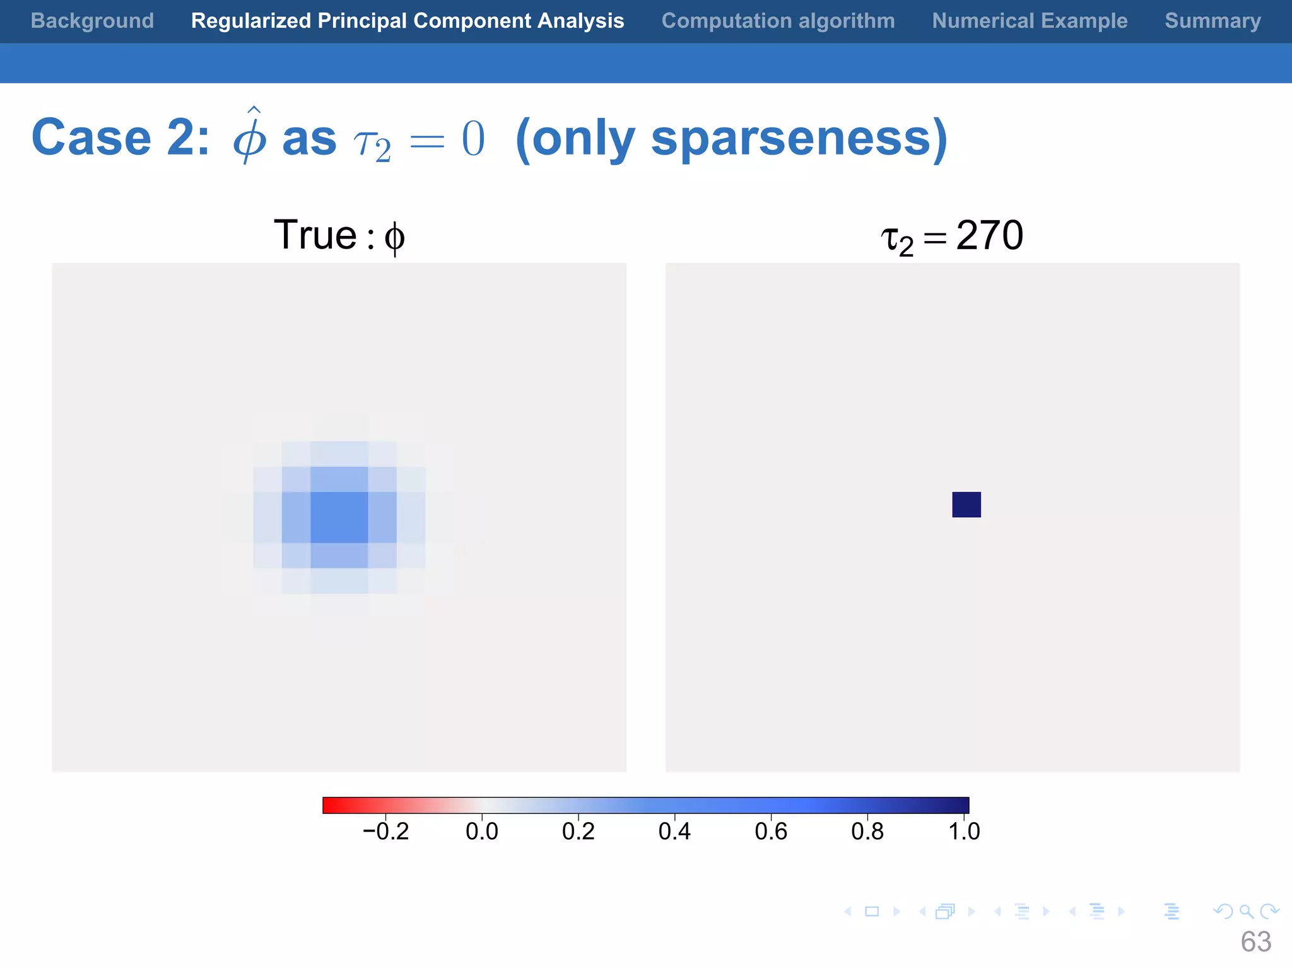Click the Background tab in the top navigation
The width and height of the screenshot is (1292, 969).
tap(92, 21)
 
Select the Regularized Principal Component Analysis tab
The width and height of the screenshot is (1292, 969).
tap(408, 21)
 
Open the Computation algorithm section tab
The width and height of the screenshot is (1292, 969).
tap(778, 21)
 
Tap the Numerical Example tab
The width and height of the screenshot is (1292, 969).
tap(1030, 21)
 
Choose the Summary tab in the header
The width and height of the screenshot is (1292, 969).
tap(1213, 21)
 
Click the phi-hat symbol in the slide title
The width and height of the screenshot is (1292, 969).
tap(250, 136)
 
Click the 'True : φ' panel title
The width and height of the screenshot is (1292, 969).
tap(339, 235)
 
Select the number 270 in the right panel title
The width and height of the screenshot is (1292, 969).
tap(989, 235)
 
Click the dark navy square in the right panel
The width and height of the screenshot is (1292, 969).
tap(966, 505)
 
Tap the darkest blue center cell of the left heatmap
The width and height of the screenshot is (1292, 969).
tap(339, 517)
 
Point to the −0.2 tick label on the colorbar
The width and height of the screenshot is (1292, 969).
tap(385, 831)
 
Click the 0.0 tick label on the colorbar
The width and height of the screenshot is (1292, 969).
tap(482, 831)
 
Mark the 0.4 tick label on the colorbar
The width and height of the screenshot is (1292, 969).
tap(674, 831)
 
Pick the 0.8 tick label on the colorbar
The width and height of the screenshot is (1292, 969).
tap(867, 831)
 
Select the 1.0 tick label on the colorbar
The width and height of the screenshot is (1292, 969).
tap(964, 831)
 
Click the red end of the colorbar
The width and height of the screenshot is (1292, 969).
tap(331, 805)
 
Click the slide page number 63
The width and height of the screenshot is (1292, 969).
tap(1255, 942)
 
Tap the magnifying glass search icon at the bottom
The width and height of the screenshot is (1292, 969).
tap(1246, 911)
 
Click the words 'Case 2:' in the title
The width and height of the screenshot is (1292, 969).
tap(120, 138)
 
